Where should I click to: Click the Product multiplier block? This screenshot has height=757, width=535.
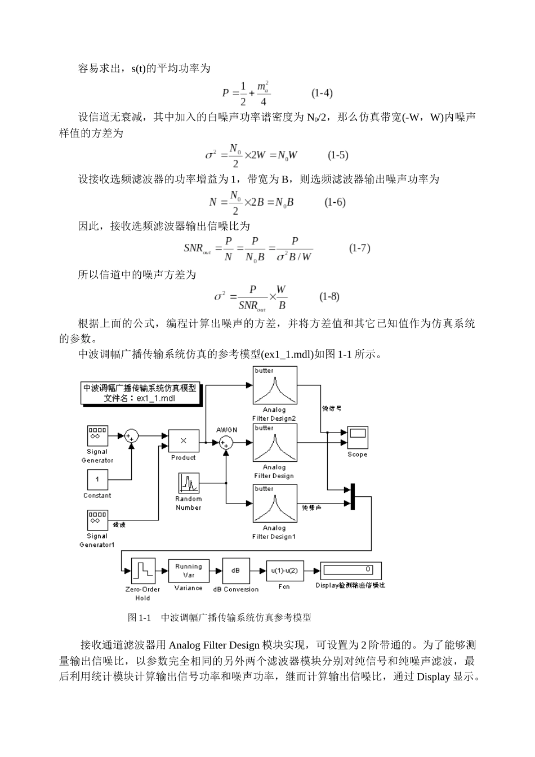coord(183,440)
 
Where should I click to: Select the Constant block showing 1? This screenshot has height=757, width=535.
coord(97,479)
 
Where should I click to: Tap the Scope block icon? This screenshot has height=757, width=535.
coord(357,437)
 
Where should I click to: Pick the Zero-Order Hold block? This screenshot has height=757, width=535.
coord(142,571)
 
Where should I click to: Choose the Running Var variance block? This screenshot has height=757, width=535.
coord(188,571)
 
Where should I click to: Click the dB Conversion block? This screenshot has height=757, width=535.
coord(235,571)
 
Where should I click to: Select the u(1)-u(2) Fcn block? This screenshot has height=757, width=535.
coord(284,571)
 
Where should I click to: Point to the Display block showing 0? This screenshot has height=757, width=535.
coord(350,570)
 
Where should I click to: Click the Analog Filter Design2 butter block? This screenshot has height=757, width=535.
coord(274,385)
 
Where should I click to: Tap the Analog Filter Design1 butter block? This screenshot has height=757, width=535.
coord(274,504)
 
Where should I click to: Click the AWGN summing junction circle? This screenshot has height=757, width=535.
coord(226,443)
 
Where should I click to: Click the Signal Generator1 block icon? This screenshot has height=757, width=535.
coord(97,520)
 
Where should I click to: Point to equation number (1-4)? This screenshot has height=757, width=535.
coord(322,93)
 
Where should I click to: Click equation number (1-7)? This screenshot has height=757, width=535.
coord(359,248)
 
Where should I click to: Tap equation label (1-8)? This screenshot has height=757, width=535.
coord(329,296)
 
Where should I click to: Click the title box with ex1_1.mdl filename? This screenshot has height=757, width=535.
coord(140,393)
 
